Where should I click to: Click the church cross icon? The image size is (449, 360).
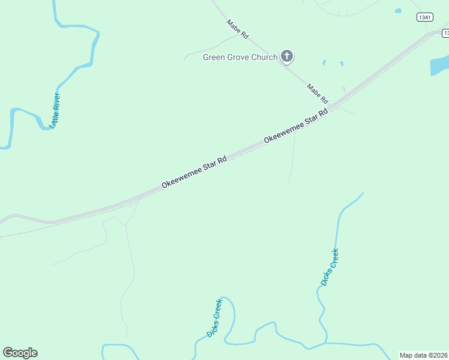[x=287, y=57]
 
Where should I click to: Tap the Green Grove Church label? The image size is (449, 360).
[x=240, y=58]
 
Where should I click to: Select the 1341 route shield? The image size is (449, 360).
[x=424, y=17]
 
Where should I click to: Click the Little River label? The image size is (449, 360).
[x=55, y=110]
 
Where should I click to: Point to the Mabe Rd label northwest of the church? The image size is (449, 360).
[x=237, y=29]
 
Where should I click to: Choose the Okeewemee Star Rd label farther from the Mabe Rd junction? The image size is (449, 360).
[x=194, y=173]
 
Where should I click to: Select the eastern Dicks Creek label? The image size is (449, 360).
[x=330, y=267]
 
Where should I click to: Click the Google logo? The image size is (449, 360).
[x=20, y=353]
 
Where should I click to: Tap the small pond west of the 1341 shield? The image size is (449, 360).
[x=398, y=10]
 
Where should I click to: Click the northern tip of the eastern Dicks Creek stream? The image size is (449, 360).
[x=363, y=193]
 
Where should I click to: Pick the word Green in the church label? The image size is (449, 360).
[x=214, y=58]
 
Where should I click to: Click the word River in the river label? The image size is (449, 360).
[x=57, y=103]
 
